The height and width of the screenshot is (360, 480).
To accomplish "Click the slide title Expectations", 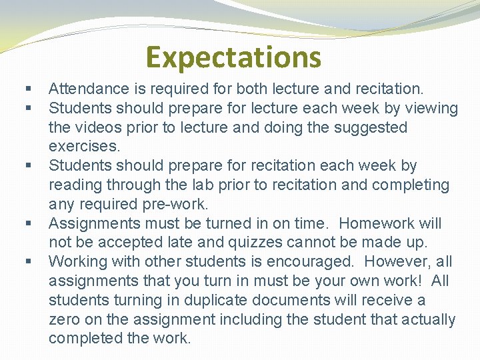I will tap(233, 57).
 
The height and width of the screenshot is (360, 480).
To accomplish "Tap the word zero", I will tap(64, 319).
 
